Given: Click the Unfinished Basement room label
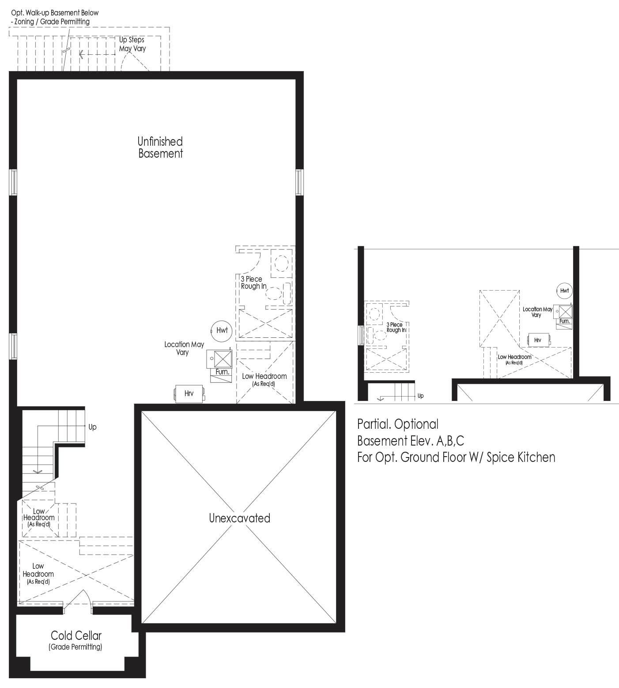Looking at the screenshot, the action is coord(160,147).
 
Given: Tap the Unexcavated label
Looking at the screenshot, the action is coord(239,518).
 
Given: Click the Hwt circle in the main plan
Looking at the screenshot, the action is coord(222,330).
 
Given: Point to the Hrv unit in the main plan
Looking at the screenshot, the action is coord(190,393).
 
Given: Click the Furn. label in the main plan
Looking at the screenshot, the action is coord(223,372).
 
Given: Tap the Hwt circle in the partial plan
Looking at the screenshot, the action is coord(564,291).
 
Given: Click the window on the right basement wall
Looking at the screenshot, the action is coord(299,181).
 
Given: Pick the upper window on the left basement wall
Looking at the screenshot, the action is coord(13,181).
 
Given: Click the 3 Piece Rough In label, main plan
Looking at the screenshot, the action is coord(254,283).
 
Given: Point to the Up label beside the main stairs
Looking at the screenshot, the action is coord(92,427).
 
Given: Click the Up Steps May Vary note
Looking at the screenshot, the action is coord(132,44).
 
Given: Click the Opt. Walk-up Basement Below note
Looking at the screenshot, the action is coord(55,13).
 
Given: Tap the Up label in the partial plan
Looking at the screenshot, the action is coord(420,396).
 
